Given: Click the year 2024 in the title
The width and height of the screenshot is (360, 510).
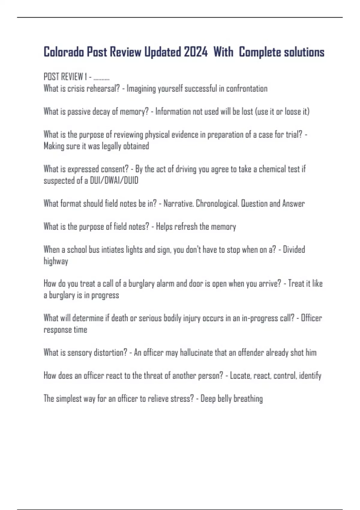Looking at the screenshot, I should click(196, 52).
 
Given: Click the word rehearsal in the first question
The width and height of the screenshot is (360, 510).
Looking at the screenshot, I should click(103, 88).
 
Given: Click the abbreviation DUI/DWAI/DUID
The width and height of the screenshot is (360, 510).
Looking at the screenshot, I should click(114, 181).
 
